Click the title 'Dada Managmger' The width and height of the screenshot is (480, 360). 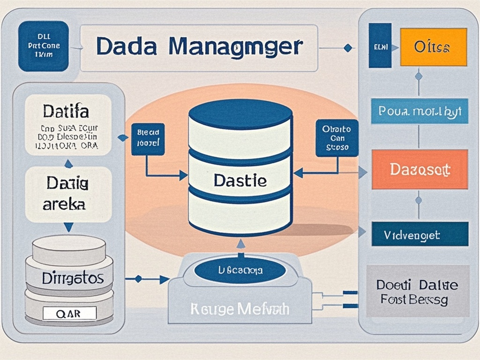(199, 47)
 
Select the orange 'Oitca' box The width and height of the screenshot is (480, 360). (433, 47)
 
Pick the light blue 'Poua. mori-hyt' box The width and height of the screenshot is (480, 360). (419, 111)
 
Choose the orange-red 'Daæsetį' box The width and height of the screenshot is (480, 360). (419, 169)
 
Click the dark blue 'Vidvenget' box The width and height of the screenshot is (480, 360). (419, 234)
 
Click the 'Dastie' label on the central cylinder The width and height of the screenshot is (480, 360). (240, 180)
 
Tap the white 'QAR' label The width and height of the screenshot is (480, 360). (69, 314)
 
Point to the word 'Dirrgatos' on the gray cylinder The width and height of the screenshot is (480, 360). (72, 278)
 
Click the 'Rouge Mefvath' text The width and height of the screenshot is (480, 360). (240, 308)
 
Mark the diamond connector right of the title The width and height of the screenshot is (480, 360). (347, 48)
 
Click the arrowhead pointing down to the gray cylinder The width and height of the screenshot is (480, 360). (68, 227)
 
